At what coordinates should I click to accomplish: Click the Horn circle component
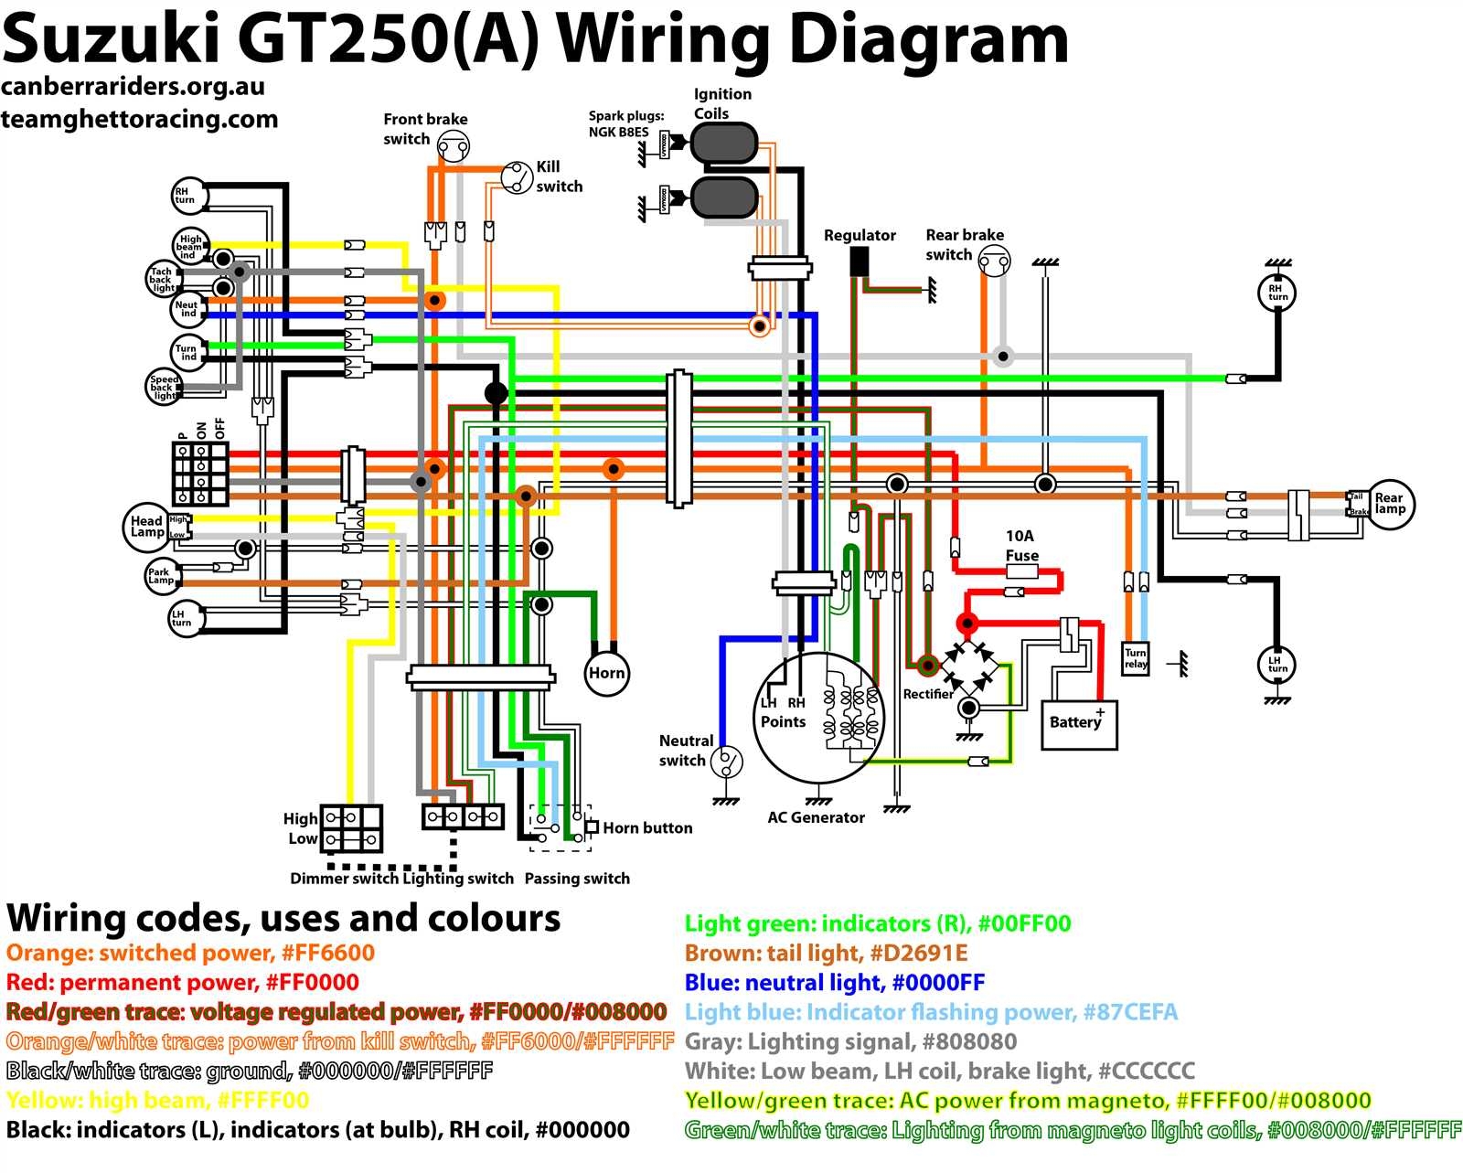(606, 674)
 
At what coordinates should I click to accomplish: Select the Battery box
(1079, 725)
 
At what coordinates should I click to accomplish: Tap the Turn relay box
(1136, 658)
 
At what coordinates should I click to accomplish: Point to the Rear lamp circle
(1389, 504)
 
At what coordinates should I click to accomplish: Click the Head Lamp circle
(146, 527)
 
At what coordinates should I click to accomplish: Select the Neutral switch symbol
(727, 761)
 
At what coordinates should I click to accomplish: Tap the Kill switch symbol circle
(517, 176)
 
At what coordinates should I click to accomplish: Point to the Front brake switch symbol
(453, 144)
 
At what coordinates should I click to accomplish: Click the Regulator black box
(860, 262)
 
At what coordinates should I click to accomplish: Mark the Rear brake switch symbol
(994, 262)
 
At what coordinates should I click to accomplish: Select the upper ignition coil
(724, 144)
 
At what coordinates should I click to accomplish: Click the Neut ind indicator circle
(187, 309)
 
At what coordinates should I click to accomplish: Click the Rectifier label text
(928, 694)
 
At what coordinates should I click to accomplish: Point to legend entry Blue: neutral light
(834, 983)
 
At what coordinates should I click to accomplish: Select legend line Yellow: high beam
(157, 1100)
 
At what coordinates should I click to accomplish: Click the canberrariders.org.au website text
(133, 87)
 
